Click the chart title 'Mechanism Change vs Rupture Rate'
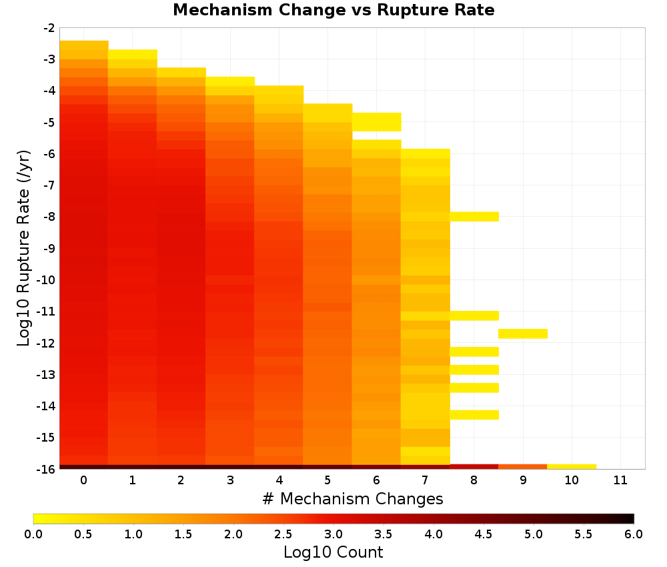[333, 10]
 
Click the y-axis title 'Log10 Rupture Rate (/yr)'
[24, 248]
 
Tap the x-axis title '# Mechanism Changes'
[353, 498]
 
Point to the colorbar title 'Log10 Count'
[333, 552]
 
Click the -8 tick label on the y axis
[49, 217]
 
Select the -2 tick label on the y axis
[49, 28]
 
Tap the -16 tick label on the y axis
[47, 469]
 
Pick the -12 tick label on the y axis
[47, 344]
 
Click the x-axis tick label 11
[620, 480]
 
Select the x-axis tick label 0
[84, 480]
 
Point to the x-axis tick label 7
[425, 480]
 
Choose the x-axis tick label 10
[572, 480]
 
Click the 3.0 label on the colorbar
[333, 534]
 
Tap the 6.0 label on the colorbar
[634, 534]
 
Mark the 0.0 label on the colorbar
[33, 534]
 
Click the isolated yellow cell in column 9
[523, 334]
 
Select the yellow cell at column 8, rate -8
[474, 217]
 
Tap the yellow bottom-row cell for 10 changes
[572, 467]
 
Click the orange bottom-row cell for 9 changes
[523, 467]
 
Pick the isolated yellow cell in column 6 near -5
[376, 122]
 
